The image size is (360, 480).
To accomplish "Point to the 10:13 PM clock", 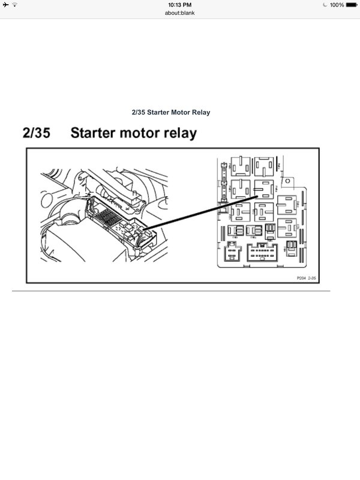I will click(x=179, y=5).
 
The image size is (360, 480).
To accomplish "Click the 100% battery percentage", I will click(x=337, y=5).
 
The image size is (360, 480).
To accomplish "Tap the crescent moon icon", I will click(x=325, y=5).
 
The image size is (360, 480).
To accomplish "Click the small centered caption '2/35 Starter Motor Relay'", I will click(x=170, y=112).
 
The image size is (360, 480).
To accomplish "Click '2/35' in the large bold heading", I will click(x=38, y=133).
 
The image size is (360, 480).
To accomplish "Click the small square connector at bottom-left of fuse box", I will click(x=229, y=254).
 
